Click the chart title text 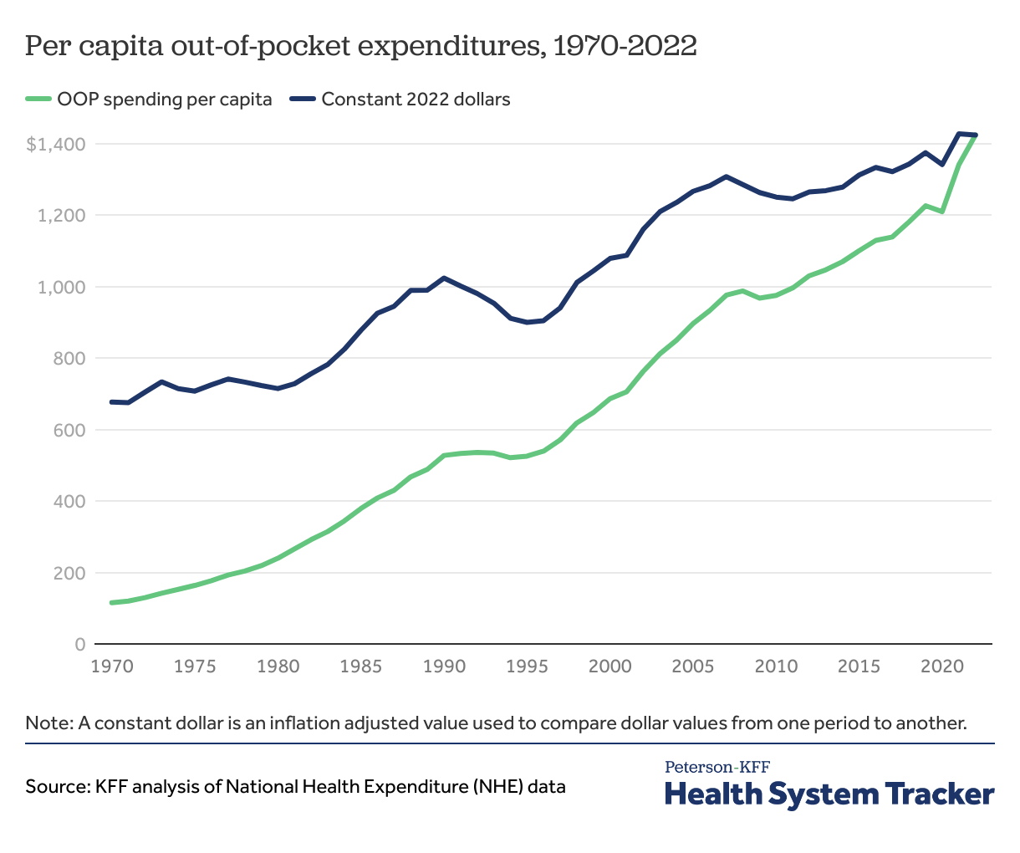click(360, 47)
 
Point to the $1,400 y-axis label click(56, 145)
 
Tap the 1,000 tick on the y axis click(62, 287)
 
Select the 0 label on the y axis click(80, 645)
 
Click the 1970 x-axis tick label click(112, 667)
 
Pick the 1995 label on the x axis click(527, 667)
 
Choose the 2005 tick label click(693, 667)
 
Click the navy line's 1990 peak click(444, 278)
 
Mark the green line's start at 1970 click(112, 602)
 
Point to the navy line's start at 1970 click(112, 402)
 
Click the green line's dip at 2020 click(942, 212)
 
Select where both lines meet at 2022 click(975, 135)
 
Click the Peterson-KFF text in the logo click(717, 767)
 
